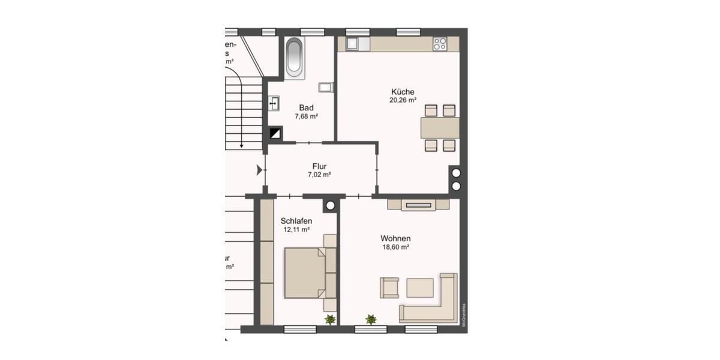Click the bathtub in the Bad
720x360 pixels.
point(295,58)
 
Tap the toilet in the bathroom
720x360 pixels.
point(326,88)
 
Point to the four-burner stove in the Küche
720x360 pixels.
point(440,44)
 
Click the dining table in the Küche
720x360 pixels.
point(440,128)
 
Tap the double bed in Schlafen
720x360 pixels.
point(305,272)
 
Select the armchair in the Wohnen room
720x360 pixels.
point(389,287)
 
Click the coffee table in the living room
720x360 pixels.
point(420,287)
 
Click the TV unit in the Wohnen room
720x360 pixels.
point(418,205)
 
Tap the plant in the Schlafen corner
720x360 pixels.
point(329,320)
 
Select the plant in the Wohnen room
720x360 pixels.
point(371,320)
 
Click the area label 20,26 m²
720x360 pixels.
point(403,101)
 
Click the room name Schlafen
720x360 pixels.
point(296,221)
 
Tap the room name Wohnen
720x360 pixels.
point(395,238)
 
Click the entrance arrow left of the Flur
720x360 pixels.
point(259,170)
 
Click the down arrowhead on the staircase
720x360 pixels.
point(241,145)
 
